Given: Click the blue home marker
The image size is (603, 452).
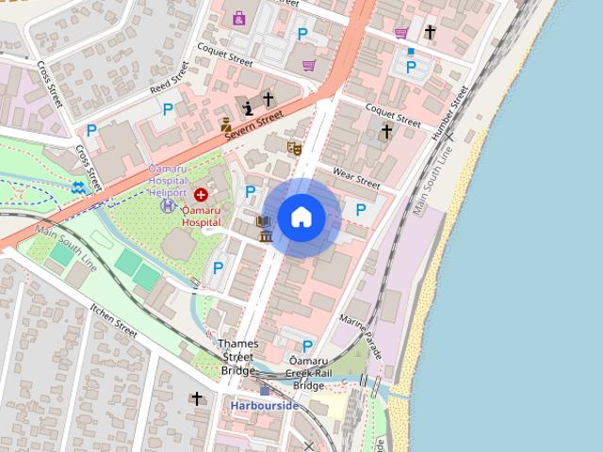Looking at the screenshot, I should (301, 217).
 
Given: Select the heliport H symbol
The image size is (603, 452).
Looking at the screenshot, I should (168, 205).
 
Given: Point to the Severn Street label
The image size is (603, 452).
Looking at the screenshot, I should (254, 130).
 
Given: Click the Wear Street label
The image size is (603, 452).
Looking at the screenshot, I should (356, 178).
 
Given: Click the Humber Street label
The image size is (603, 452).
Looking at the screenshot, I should (448, 113).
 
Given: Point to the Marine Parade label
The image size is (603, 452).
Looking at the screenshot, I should (363, 335).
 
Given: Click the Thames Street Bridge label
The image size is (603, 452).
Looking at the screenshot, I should (237, 357).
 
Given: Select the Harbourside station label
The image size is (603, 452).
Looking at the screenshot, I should (265, 406).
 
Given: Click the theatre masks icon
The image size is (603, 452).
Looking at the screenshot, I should (294, 148).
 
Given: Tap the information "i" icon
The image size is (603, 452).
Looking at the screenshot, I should (248, 106).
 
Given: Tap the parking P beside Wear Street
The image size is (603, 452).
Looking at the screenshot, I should (360, 209).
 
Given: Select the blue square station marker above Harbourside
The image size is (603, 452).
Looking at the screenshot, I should (265, 391).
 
